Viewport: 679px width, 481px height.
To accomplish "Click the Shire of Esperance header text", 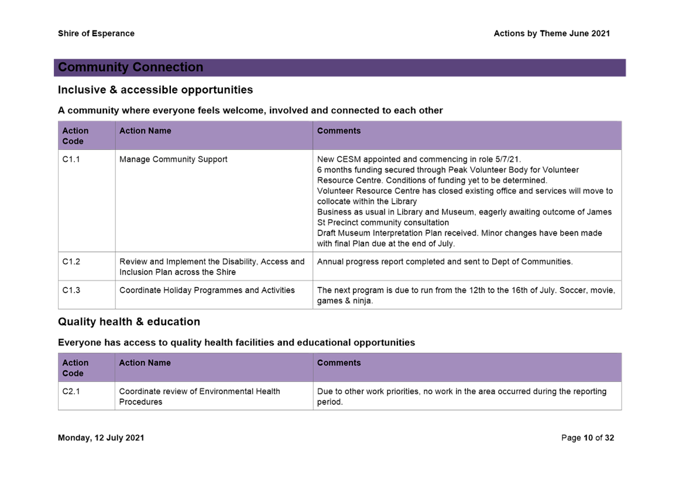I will pyautogui.click(x=96, y=33).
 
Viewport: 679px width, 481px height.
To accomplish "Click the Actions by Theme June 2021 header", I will pyautogui.click(x=551, y=33).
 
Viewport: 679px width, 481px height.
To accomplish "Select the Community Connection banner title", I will pyautogui.click(x=131, y=67).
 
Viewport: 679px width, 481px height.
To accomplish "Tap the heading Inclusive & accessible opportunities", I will pyautogui.click(x=155, y=90).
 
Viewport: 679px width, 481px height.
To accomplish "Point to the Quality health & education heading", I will pyautogui.click(x=129, y=322).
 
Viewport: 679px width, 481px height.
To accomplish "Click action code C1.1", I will pyautogui.click(x=71, y=159).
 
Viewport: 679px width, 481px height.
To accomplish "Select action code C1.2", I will pyautogui.click(x=71, y=261).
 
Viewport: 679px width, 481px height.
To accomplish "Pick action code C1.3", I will pyautogui.click(x=71, y=291).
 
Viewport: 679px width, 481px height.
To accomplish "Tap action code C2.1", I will pyautogui.click(x=71, y=391).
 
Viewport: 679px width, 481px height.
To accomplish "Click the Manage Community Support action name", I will pyautogui.click(x=173, y=159).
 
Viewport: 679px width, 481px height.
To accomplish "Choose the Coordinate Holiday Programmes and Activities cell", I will pyautogui.click(x=207, y=291).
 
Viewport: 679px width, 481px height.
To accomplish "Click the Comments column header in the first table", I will pyautogui.click(x=339, y=131).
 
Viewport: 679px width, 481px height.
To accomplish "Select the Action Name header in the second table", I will pyautogui.click(x=145, y=363).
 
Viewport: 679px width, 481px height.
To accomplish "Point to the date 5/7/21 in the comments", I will pyautogui.click(x=507, y=159).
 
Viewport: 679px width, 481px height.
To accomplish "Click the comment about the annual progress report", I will pyautogui.click(x=445, y=261).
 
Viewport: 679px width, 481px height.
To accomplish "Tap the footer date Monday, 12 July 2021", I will pyautogui.click(x=101, y=438).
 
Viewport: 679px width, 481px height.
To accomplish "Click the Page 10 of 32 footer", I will pyautogui.click(x=587, y=438).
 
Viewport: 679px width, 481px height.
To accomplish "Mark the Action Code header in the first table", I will pyautogui.click(x=75, y=136).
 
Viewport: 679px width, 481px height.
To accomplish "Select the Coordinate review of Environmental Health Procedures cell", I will pyautogui.click(x=199, y=397).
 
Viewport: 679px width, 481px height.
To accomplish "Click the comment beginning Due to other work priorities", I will pyautogui.click(x=461, y=397).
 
